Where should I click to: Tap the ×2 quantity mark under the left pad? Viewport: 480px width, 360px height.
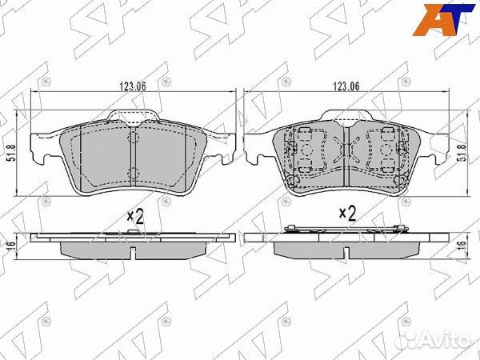coord(137,215)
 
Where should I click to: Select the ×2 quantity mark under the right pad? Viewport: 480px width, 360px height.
coord(347,214)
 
